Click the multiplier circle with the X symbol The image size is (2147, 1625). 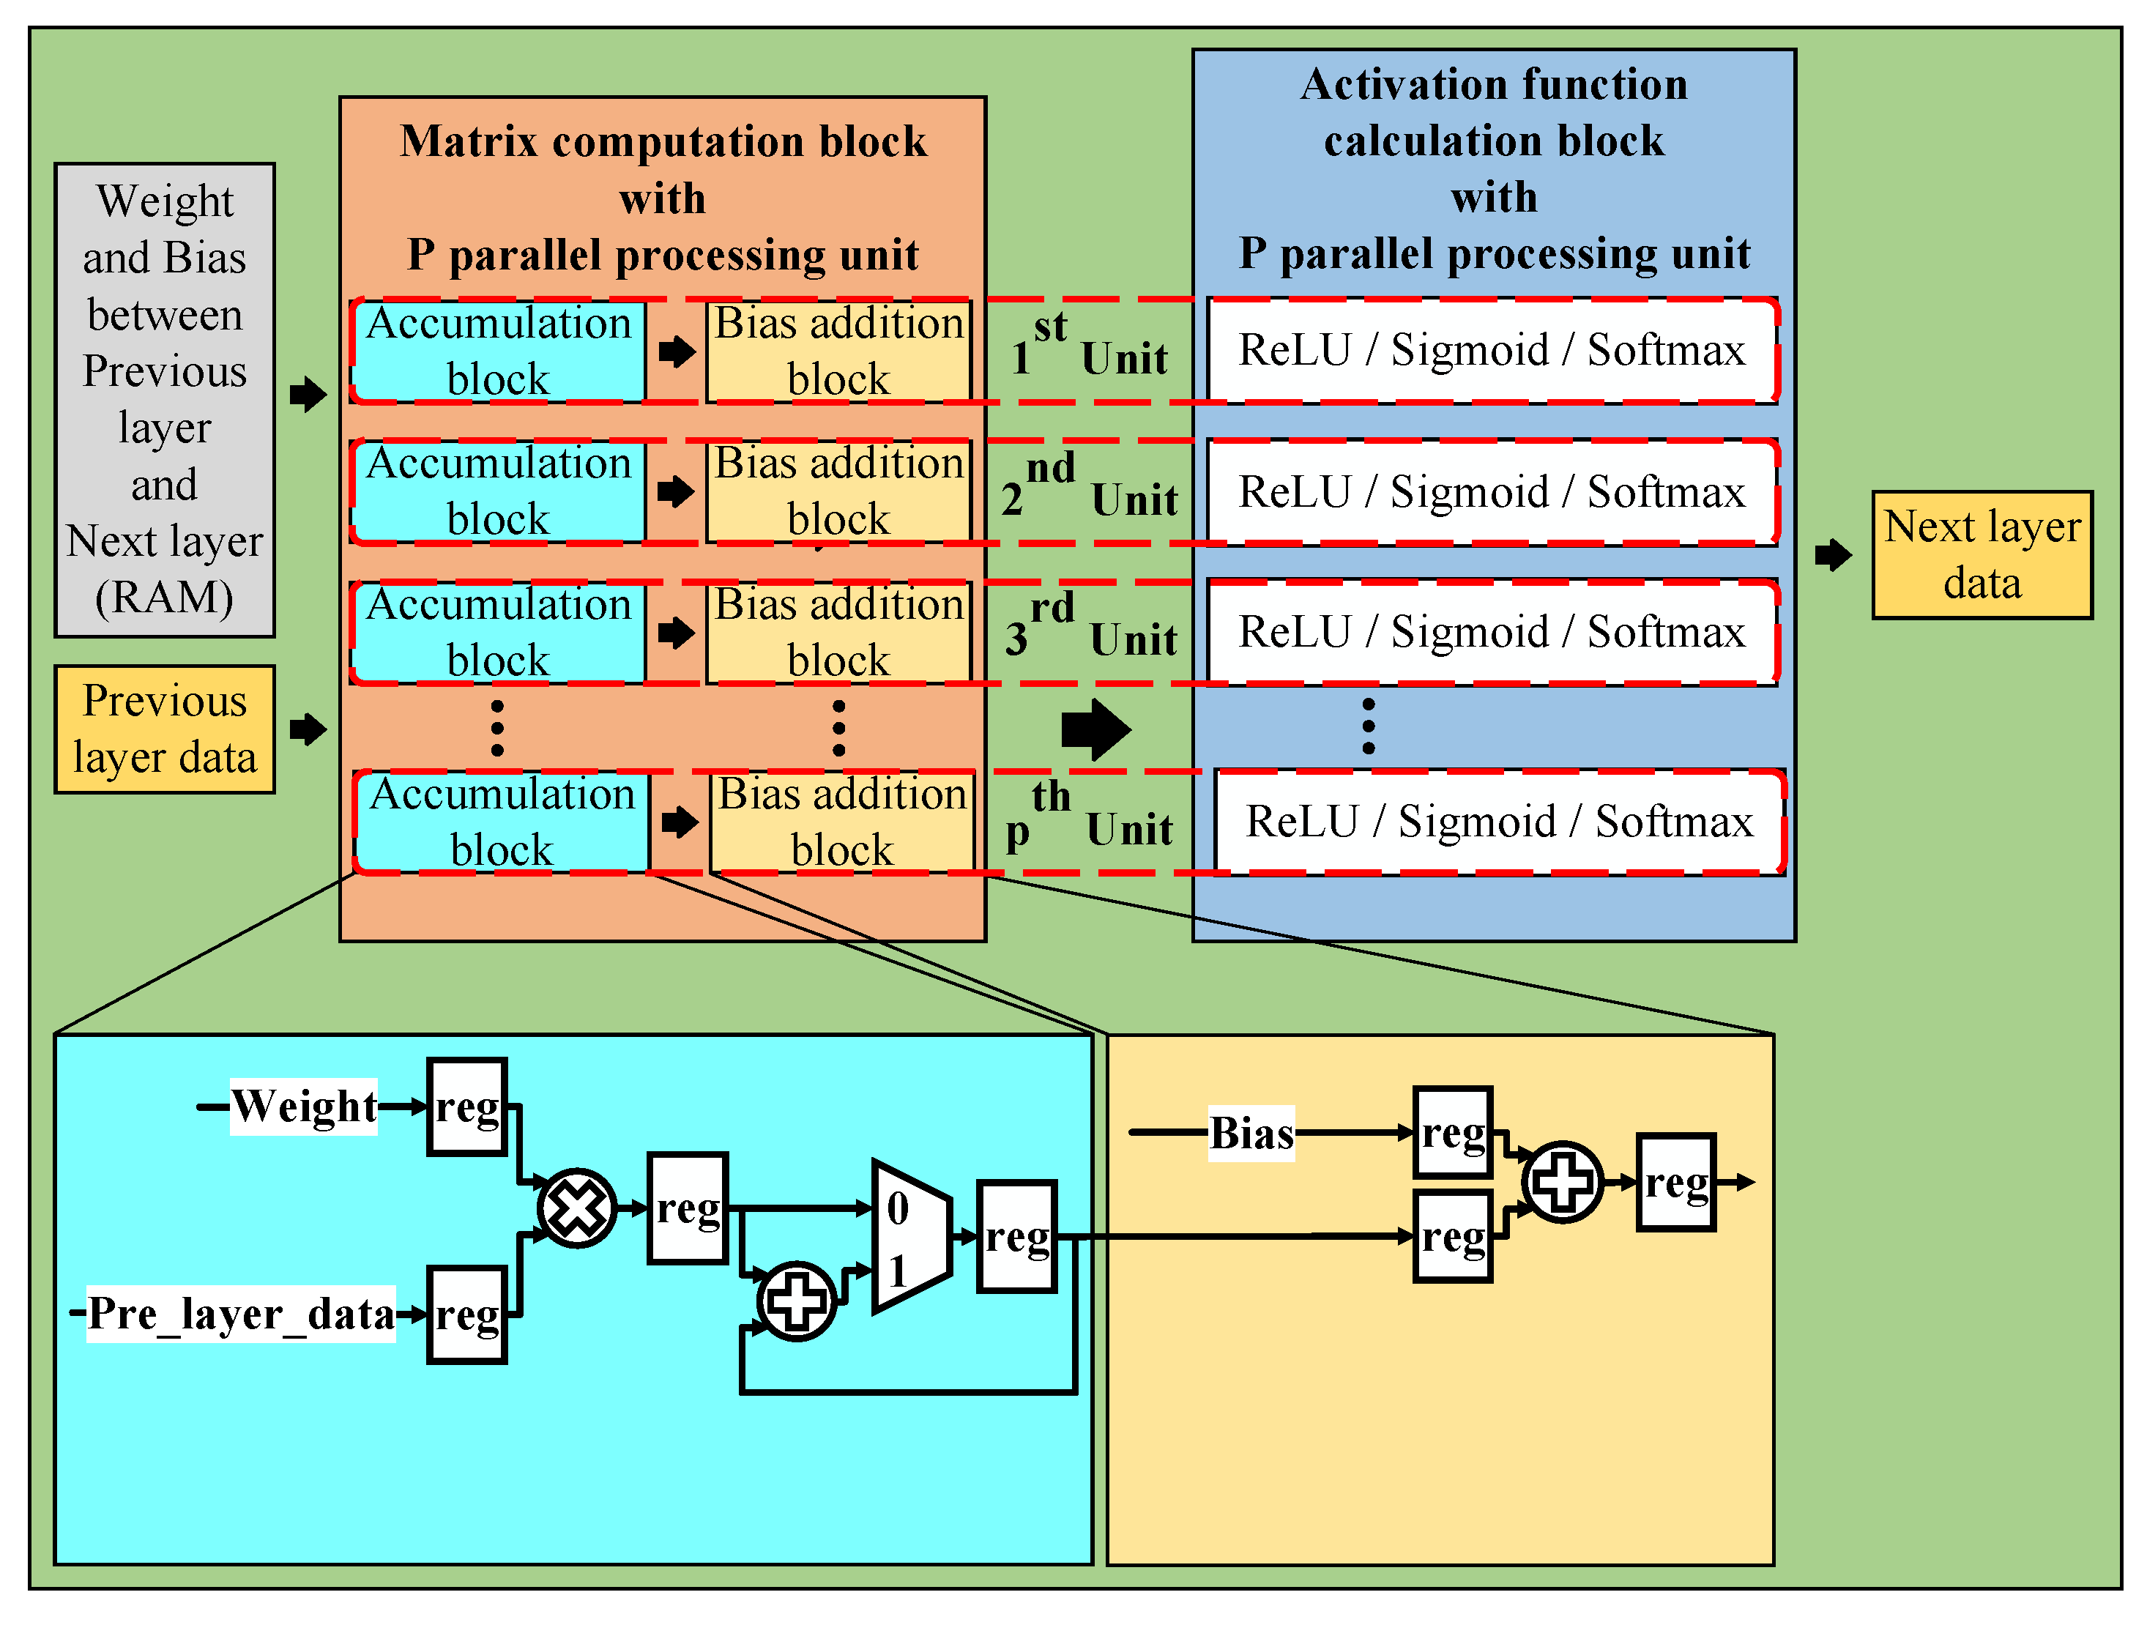click(576, 1208)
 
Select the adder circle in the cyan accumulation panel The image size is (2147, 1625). click(796, 1301)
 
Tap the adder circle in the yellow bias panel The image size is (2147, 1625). click(1563, 1181)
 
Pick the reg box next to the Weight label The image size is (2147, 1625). click(467, 1107)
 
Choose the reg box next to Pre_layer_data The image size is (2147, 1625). click(467, 1315)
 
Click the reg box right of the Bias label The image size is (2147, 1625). click(1452, 1133)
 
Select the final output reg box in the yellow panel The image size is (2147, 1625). click(1675, 1183)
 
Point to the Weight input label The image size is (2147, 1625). click(304, 1107)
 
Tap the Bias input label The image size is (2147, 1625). click(1251, 1133)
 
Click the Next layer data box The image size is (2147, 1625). click(1982, 555)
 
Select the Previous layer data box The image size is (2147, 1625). click(164, 729)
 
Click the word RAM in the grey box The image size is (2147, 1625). click(164, 597)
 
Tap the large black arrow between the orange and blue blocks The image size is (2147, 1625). click(1095, 729)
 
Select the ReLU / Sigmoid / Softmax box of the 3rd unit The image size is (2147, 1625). click(1492, 633)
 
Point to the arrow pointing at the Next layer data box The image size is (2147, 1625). click(1833, 555)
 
